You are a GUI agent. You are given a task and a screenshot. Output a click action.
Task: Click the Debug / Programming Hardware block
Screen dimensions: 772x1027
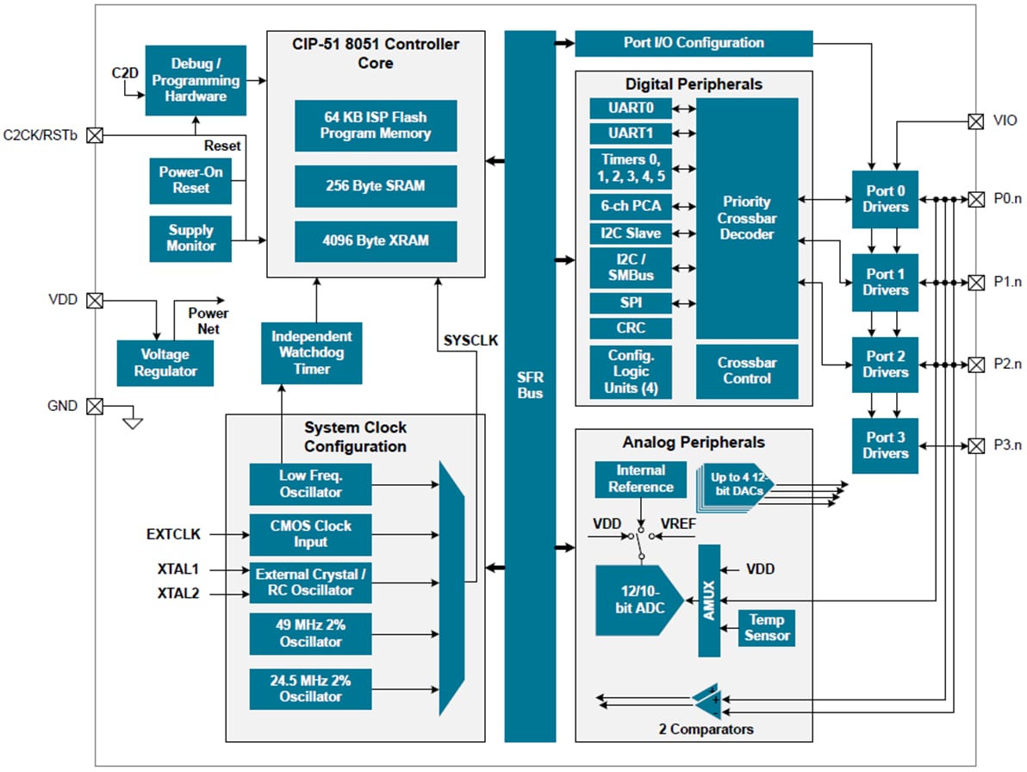(x=196, y=81)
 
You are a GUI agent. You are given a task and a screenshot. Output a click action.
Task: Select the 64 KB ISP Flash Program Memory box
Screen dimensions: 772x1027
(x=375, y=126)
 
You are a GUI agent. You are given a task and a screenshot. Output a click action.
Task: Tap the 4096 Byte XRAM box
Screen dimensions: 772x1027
(x=375, y=241)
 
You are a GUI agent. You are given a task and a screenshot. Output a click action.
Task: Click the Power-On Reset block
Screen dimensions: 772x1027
(x=190, y=180)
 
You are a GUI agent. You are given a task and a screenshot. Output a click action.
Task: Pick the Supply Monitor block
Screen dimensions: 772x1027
(x=190, y=238)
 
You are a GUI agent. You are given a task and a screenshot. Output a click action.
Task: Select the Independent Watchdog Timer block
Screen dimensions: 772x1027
(x=312, y=352)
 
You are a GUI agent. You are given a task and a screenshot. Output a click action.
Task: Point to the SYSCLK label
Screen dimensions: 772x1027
(x=470, y=340)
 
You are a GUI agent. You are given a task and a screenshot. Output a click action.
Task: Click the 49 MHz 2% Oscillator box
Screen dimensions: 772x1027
(x=310, y=633)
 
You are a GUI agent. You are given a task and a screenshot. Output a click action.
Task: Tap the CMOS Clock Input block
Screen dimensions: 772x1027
(x=310, y=534)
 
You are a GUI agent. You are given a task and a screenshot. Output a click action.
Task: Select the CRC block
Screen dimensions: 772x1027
(x=630, y=328)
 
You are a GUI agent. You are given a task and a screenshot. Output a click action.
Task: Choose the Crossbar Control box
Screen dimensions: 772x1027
(x=747, y=370)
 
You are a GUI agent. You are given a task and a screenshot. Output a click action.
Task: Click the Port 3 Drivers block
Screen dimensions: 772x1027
(x=886, y=445)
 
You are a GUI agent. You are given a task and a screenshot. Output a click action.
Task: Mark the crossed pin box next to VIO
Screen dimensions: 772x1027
(x=975, y=121)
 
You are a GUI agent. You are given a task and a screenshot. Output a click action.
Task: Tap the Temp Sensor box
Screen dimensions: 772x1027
(x=767, y=628)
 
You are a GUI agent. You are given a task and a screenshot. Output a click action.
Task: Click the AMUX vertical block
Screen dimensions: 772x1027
(x=709, y=601)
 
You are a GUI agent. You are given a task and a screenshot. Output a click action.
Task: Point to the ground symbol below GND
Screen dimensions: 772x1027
(x=133, y=423)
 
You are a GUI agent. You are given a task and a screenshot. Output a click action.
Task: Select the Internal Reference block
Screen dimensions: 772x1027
(x=640, y=479)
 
